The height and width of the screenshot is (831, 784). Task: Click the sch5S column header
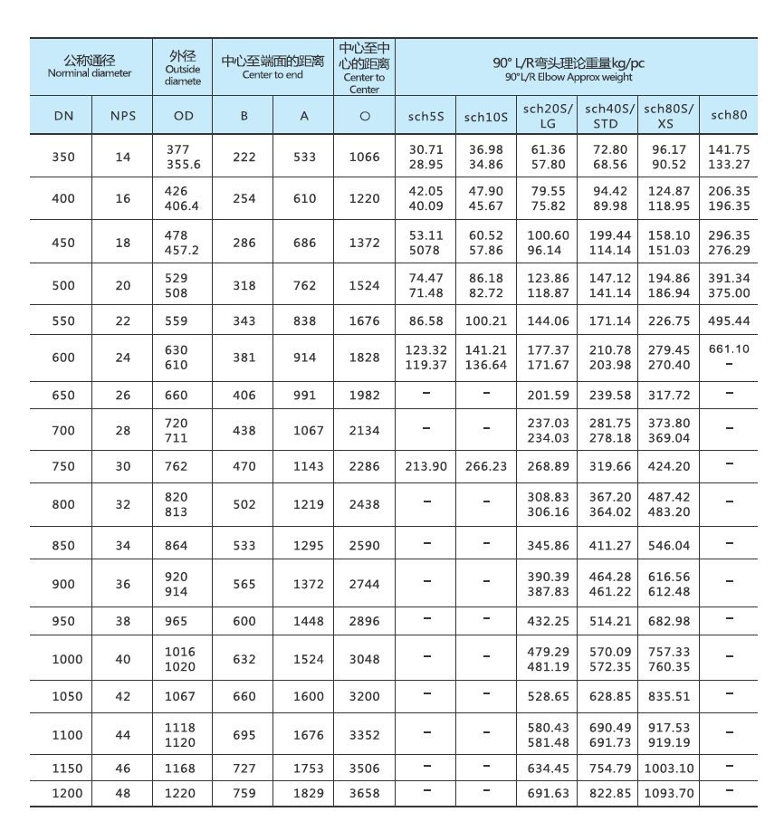[x=425, y=116]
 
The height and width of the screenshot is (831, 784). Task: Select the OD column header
[x=183, y=116]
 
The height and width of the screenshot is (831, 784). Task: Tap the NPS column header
[x=123, y=116]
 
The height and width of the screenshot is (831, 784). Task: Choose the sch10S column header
[x=486, y=117]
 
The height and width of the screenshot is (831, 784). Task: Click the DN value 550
[x=63, y=321]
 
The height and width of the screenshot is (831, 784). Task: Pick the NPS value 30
[x=123, y=466]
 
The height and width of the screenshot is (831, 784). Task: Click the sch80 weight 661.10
[x=729, y=349]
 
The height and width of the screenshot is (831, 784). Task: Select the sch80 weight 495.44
[x=729, y=321]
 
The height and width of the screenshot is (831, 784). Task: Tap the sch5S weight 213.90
[x=426, y=466]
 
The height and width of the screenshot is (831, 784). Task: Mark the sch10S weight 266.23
[x=486, y=466]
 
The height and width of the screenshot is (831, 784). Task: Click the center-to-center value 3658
[x=365, y=793]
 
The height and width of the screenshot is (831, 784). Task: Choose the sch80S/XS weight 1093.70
[x=669, y=793]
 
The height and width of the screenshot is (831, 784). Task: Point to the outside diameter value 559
[x=177, y=321]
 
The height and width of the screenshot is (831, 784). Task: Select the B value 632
[x=244, y=659]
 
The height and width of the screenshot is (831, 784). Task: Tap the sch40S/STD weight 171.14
[x=608, y=321]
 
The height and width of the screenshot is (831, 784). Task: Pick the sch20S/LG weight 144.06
[x=548, y=321]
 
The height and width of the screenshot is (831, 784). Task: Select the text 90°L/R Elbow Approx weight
[x=569, y=78]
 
